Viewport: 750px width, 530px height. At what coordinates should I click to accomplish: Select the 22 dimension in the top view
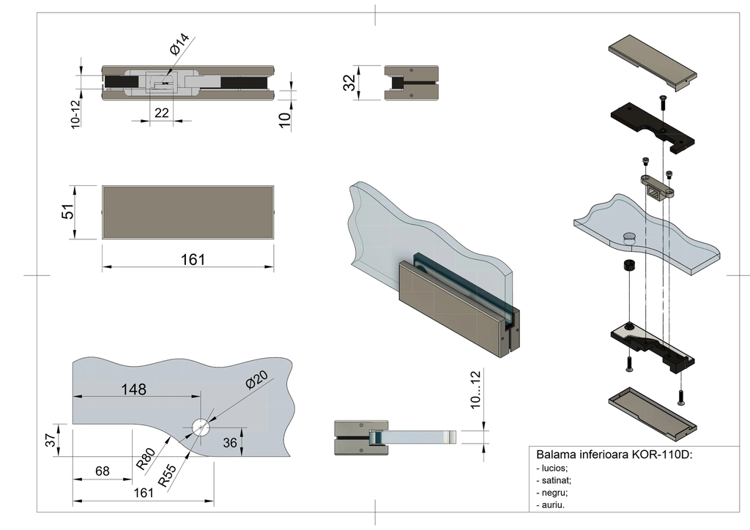coord(162,112)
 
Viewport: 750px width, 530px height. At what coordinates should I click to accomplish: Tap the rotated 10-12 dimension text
coord(76,114)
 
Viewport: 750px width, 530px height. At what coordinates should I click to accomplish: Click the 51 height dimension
coord(67,212)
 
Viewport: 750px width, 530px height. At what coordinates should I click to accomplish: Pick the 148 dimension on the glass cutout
coord(134,389)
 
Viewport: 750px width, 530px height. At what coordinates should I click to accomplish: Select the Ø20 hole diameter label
coord(256,381)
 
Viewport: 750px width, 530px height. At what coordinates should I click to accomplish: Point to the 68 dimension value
coord(103,471)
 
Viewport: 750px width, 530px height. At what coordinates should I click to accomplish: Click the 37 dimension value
coord(51,441)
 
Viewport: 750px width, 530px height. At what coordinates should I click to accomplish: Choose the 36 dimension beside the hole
coord(230,442)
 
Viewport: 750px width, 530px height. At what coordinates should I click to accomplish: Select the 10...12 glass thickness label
coord(476,390)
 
